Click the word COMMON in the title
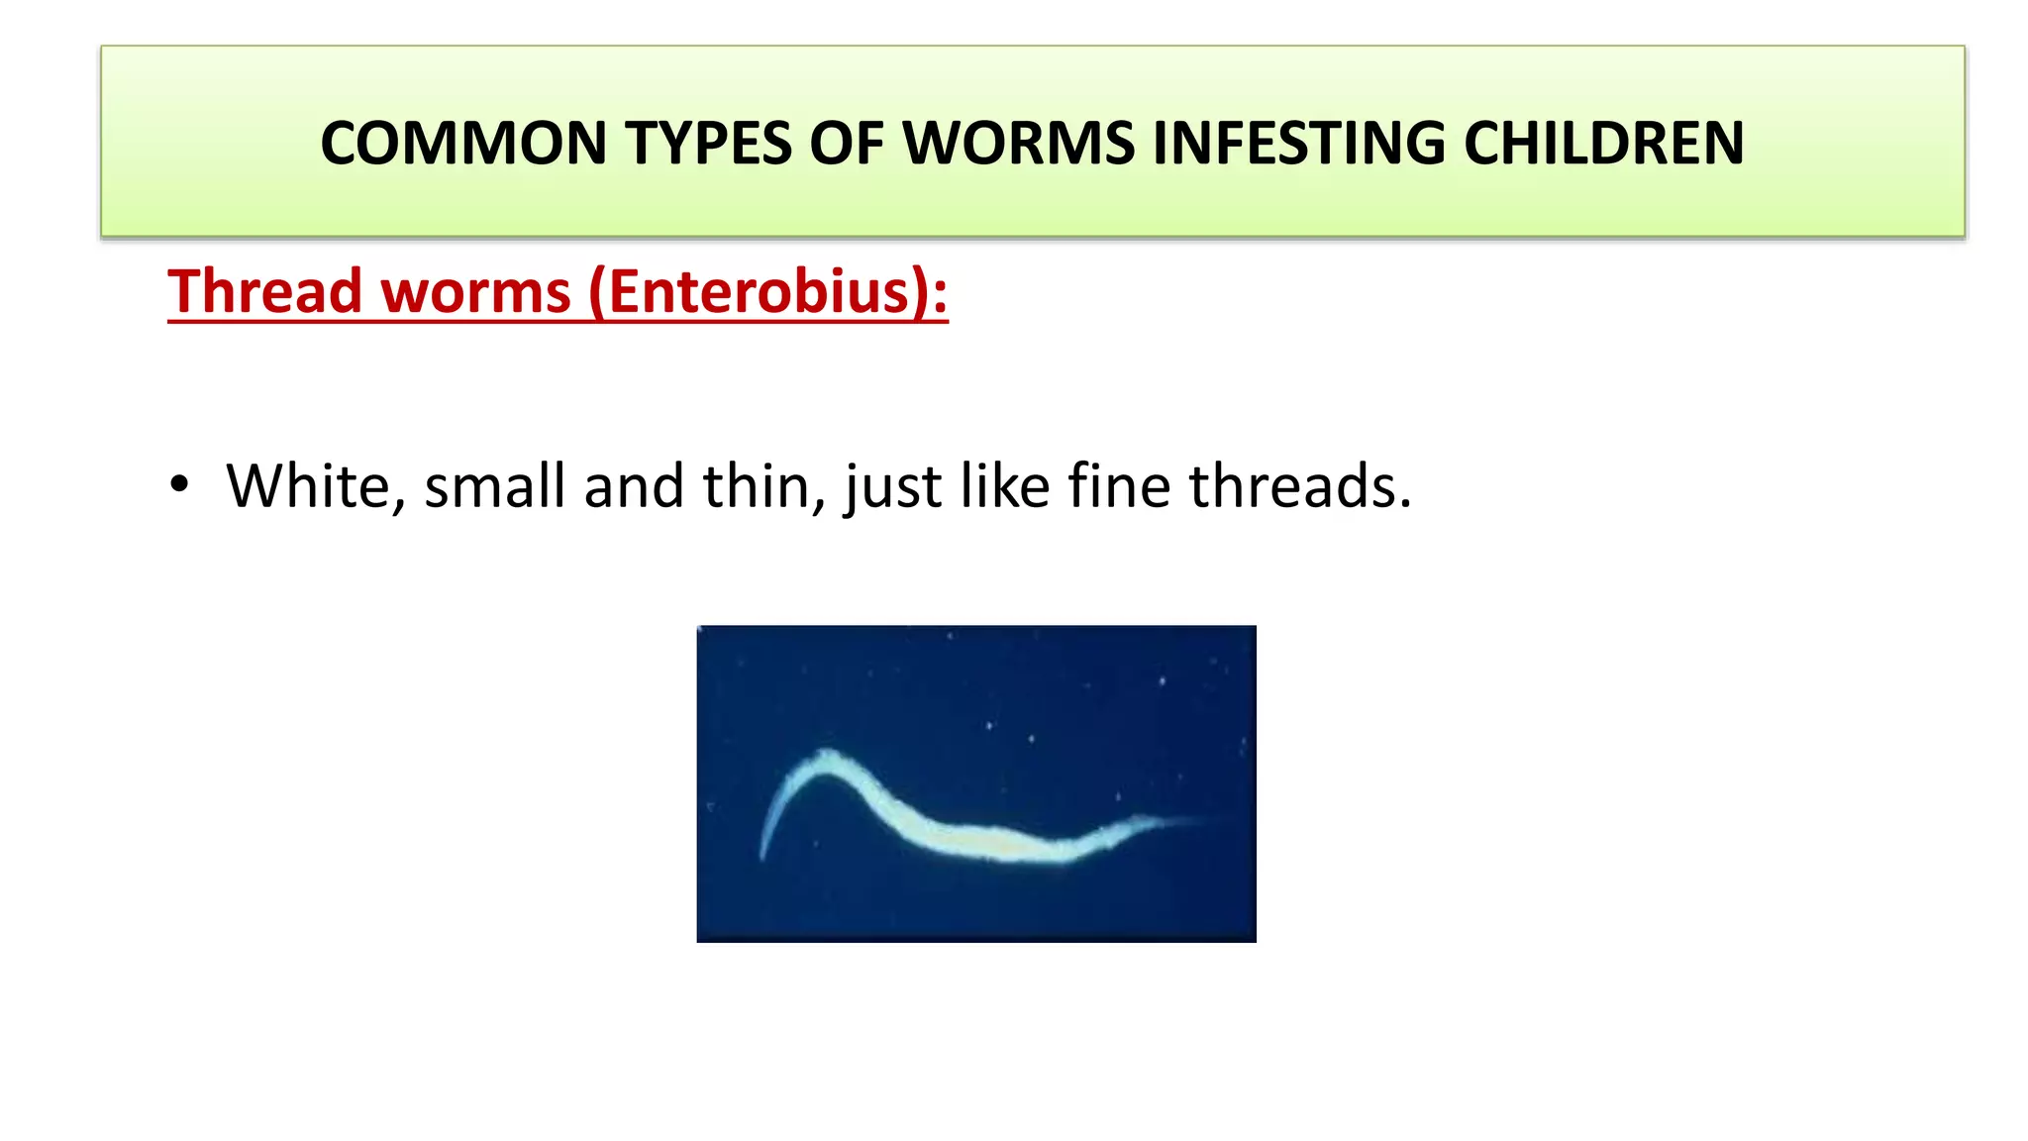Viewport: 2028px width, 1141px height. click(x=462, y=143)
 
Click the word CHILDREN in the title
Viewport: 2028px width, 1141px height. click(x=1603, y=143)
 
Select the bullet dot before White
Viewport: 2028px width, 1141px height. click(x=179, y=485)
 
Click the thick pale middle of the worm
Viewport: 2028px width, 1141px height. click(x=990, y=838)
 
